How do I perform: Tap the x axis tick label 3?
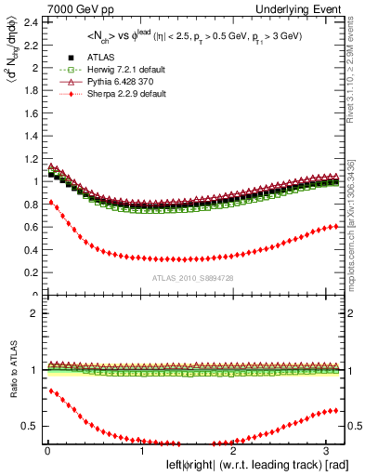(325, 450)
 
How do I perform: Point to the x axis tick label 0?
(46, 450)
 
